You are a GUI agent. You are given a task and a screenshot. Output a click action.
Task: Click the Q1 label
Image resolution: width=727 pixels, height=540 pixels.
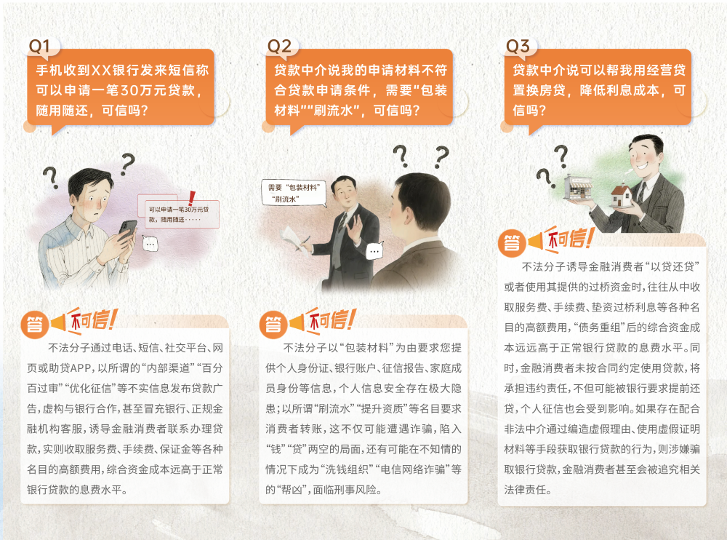pyautogui.click(x=39, y=46)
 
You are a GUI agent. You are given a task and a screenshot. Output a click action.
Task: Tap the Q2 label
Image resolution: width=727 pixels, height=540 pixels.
pyautogui.click(x=279, y=46)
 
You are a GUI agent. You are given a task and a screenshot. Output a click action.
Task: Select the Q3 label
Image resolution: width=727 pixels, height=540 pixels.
pyautogui.click(x=518, y=46)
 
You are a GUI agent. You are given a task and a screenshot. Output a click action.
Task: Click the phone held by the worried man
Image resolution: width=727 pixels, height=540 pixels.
pyautogui.click(x=127, y=229)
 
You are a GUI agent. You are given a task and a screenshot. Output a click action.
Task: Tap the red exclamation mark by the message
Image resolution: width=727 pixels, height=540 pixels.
pyautogui.click(x=191, y=198)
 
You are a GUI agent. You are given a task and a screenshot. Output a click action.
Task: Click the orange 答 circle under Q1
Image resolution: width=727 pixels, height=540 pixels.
pyautogui.click(x=35, y=324)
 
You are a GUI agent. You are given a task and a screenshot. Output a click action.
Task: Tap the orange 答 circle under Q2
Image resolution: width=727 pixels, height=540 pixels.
pyautogui.click(x=273, y=324)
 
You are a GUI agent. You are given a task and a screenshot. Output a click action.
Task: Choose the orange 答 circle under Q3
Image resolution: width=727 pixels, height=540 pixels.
pyautogui.click(x=512, y=243)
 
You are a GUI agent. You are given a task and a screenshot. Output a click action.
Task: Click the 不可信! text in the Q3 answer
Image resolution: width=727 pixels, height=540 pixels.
pyautogui.click(x=570, y=239)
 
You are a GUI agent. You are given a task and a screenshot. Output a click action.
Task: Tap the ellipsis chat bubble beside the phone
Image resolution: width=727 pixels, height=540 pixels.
pyautogui.click(x=150, y=244)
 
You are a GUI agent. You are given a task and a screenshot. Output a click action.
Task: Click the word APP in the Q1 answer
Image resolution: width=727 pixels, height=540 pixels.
pyautogui.click(x=82, y=368)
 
